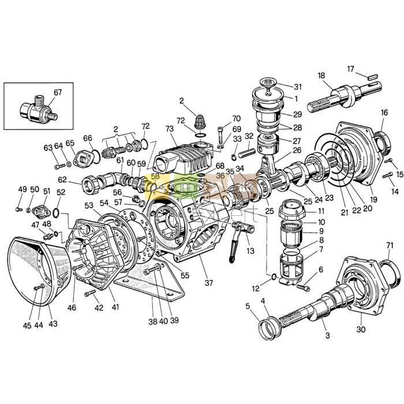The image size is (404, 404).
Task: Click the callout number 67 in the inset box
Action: (58, 92)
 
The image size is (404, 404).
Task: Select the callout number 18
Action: (321, 76)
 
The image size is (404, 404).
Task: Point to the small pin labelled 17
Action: (369, 74)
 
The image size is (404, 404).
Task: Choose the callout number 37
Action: (208, 283)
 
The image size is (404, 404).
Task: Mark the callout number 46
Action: (72, 308)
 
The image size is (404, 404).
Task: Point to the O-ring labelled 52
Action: (58, 208)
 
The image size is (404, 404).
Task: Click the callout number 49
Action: (22, 189)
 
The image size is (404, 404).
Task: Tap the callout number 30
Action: (361, 330)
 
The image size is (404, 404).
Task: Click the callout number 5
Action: (248, 306)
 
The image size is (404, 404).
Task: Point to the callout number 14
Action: (395, 191)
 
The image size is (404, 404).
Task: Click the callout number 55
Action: (185, 275)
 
